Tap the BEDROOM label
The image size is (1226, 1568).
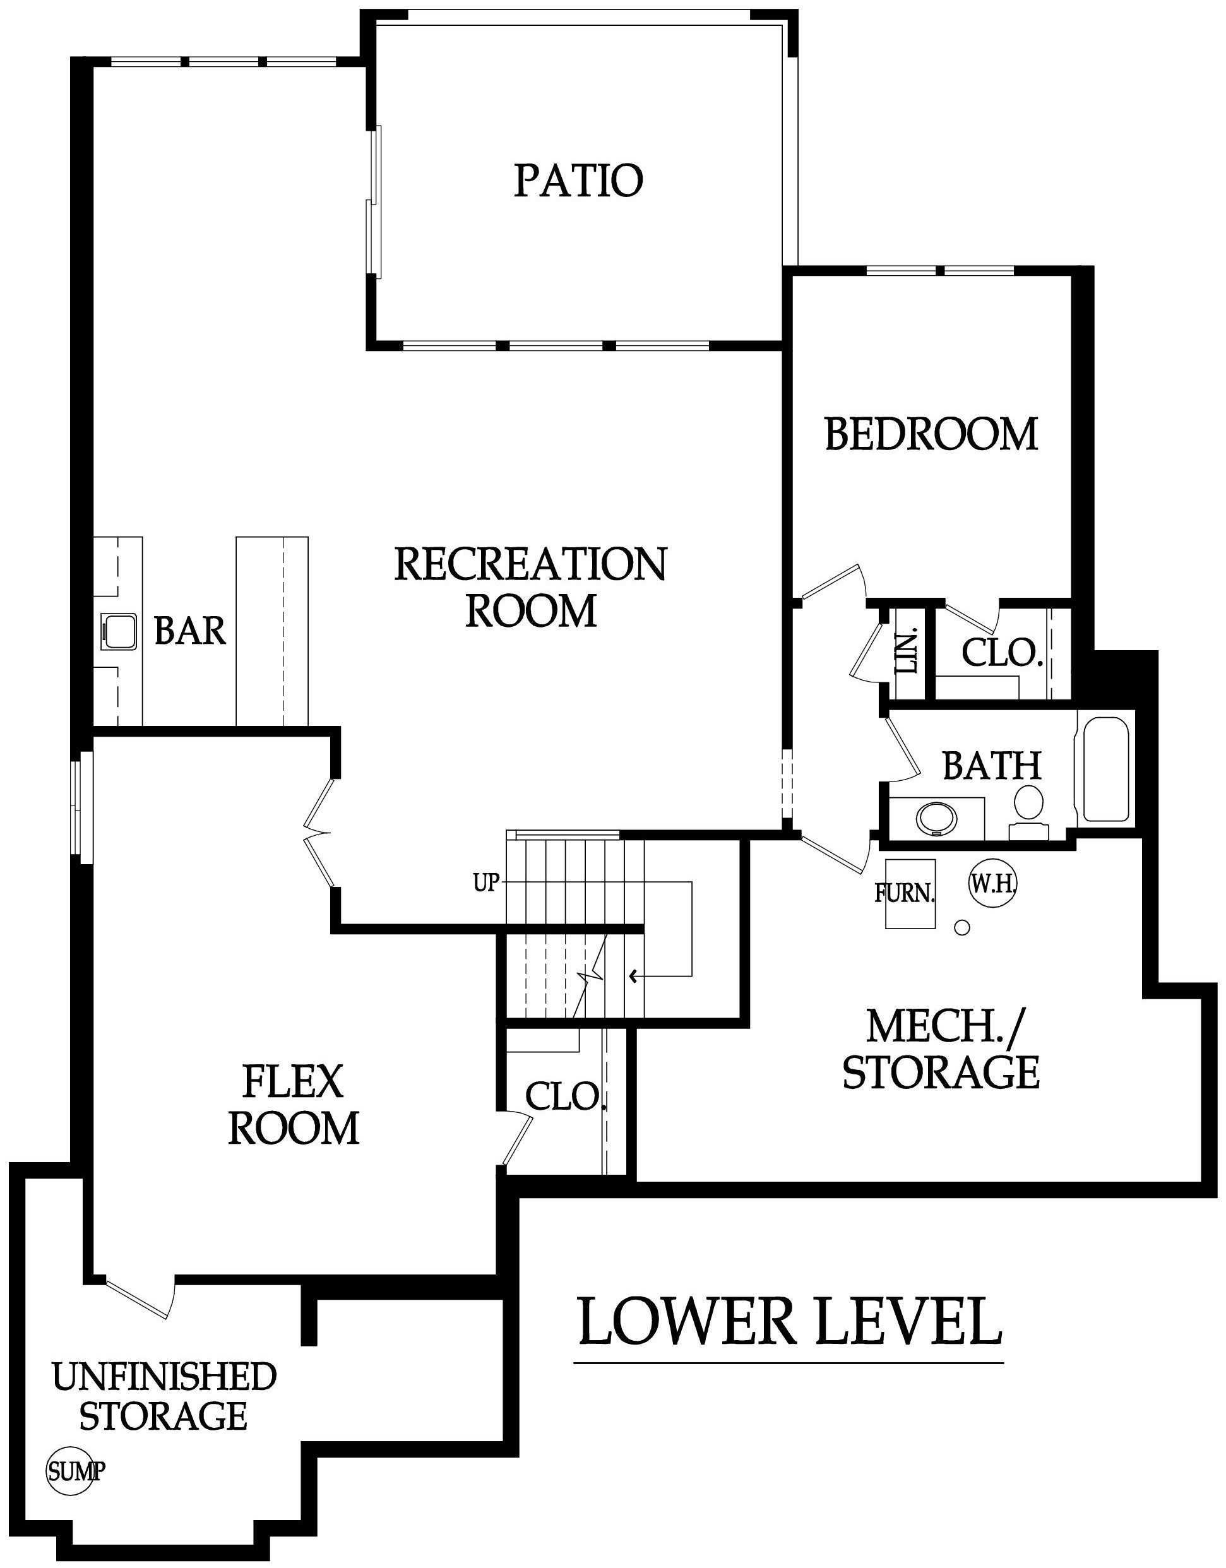tap(932, 434)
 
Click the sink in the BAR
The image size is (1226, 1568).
tap(119, 632)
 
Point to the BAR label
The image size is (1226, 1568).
tap(190, 631)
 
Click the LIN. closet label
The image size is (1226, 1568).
tap(908, 652)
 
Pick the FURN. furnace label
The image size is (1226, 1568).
tap(905, 894)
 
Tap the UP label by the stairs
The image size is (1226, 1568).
tap(486, 882)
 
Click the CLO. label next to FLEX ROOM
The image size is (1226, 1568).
tap(566, 1096)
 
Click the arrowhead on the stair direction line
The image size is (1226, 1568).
tap(633, 976)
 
